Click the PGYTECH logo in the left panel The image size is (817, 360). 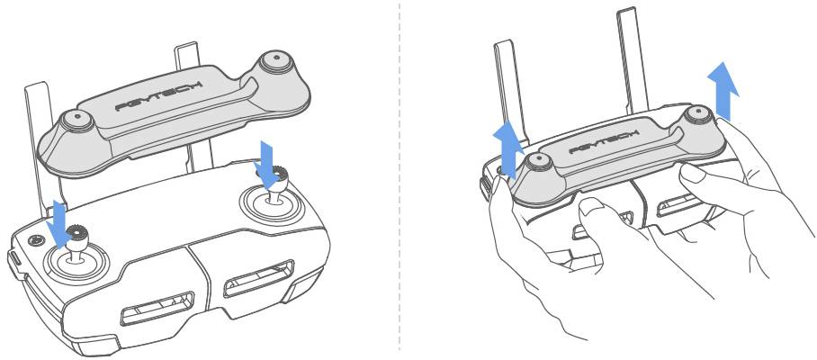(x=159, y=96)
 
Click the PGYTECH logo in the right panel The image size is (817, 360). (x=605, y=141)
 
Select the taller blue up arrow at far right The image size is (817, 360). (x=723, y=90)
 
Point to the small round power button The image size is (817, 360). (x=35, y=240)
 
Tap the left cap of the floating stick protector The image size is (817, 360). (x=77, y=121)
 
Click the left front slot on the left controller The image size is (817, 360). (x=157, y=309)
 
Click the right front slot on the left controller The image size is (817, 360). (x=259, y=278)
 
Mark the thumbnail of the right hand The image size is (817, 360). (x=693, y=173)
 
